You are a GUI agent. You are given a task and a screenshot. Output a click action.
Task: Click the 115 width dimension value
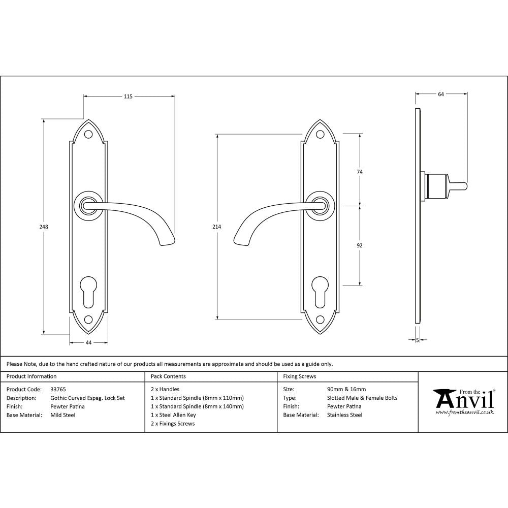click(x=128, y=97)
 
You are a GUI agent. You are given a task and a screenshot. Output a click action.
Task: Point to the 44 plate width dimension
click(x=88, y=343)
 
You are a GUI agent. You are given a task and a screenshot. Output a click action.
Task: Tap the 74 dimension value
click(x=360, y=172)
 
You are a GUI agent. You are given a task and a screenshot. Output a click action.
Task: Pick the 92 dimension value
click(x=360, y=245)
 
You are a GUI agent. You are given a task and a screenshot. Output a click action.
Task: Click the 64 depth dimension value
click(x=440, y=94)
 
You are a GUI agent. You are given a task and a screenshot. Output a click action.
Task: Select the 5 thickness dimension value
click(x=417, y=340)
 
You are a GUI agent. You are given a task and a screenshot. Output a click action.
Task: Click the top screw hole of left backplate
click(x=88, y=135)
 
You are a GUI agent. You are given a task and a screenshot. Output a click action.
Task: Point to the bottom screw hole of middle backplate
click(x=320, y=320)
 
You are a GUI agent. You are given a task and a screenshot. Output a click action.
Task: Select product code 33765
click(x=58, y=389)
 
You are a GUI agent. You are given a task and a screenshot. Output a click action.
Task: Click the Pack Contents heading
click(x=168, y=376)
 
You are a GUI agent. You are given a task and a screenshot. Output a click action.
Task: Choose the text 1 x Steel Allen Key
click(x=173, y=415)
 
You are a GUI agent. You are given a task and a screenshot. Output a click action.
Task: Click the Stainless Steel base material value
click(x=345, y=415)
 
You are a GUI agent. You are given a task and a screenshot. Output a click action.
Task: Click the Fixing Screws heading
click(x=299, y=376)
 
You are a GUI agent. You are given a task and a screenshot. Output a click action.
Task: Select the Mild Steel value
click(x=63, y=415)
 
